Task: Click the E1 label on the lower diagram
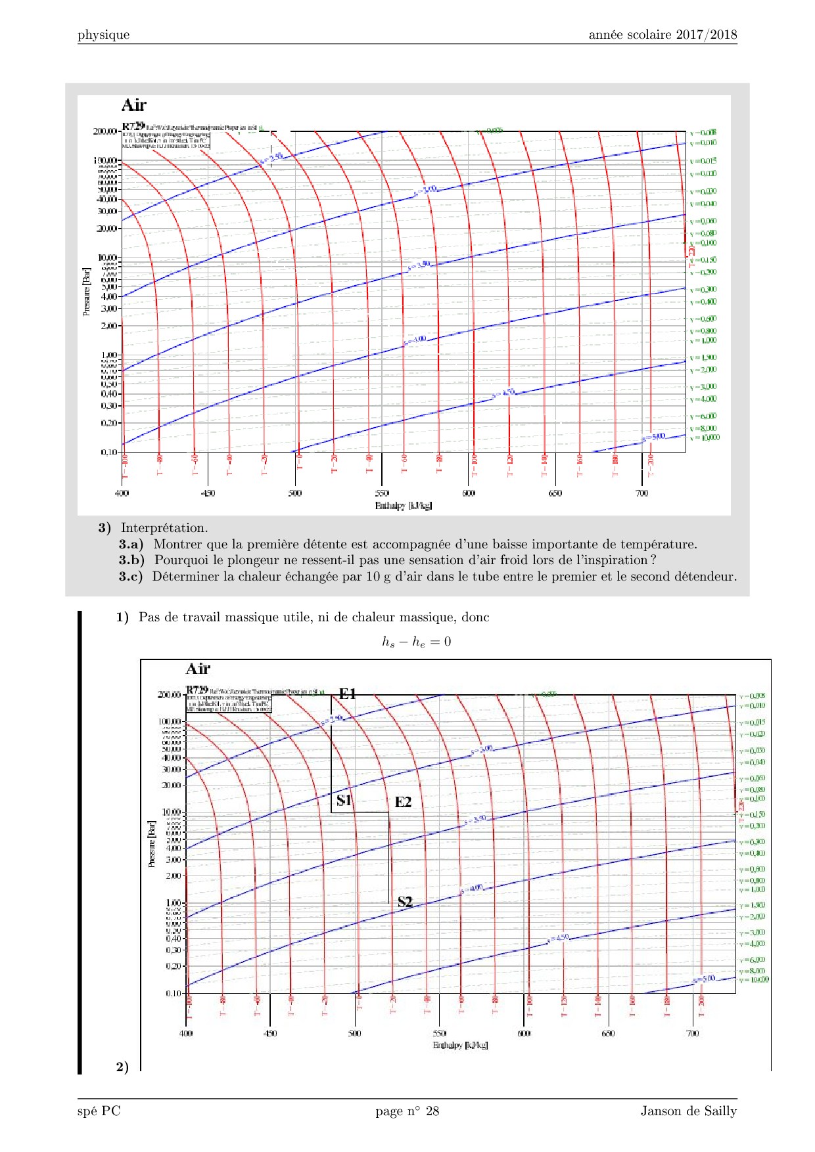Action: click(x=347, y=694)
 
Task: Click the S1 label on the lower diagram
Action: click(x=344, y=800)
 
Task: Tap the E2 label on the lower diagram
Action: click(x=403, y=802)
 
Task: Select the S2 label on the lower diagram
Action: click(x=405, y=902)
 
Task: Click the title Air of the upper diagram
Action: click(x=134, y=105)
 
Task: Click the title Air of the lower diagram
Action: click(x=198, y=669)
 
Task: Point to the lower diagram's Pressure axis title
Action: click(x=152, y=843)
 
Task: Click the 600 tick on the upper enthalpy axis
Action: click(x=469, y=493)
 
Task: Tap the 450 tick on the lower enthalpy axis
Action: click(x=270, y=1034)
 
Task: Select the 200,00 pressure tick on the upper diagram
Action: click(x=105, y=131)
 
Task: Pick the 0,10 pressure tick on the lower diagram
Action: click(x=174, y=993)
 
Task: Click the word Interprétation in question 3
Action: click(x=164, y=528)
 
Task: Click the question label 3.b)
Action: click(x=131, y=560)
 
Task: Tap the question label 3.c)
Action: click(x=131, y=577)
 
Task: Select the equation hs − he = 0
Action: click(x=417, y=642)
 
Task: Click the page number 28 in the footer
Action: click(x=432, y=1111)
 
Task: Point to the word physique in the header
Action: click(x=103, y=35)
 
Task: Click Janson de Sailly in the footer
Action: click(x=689, y=1111)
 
